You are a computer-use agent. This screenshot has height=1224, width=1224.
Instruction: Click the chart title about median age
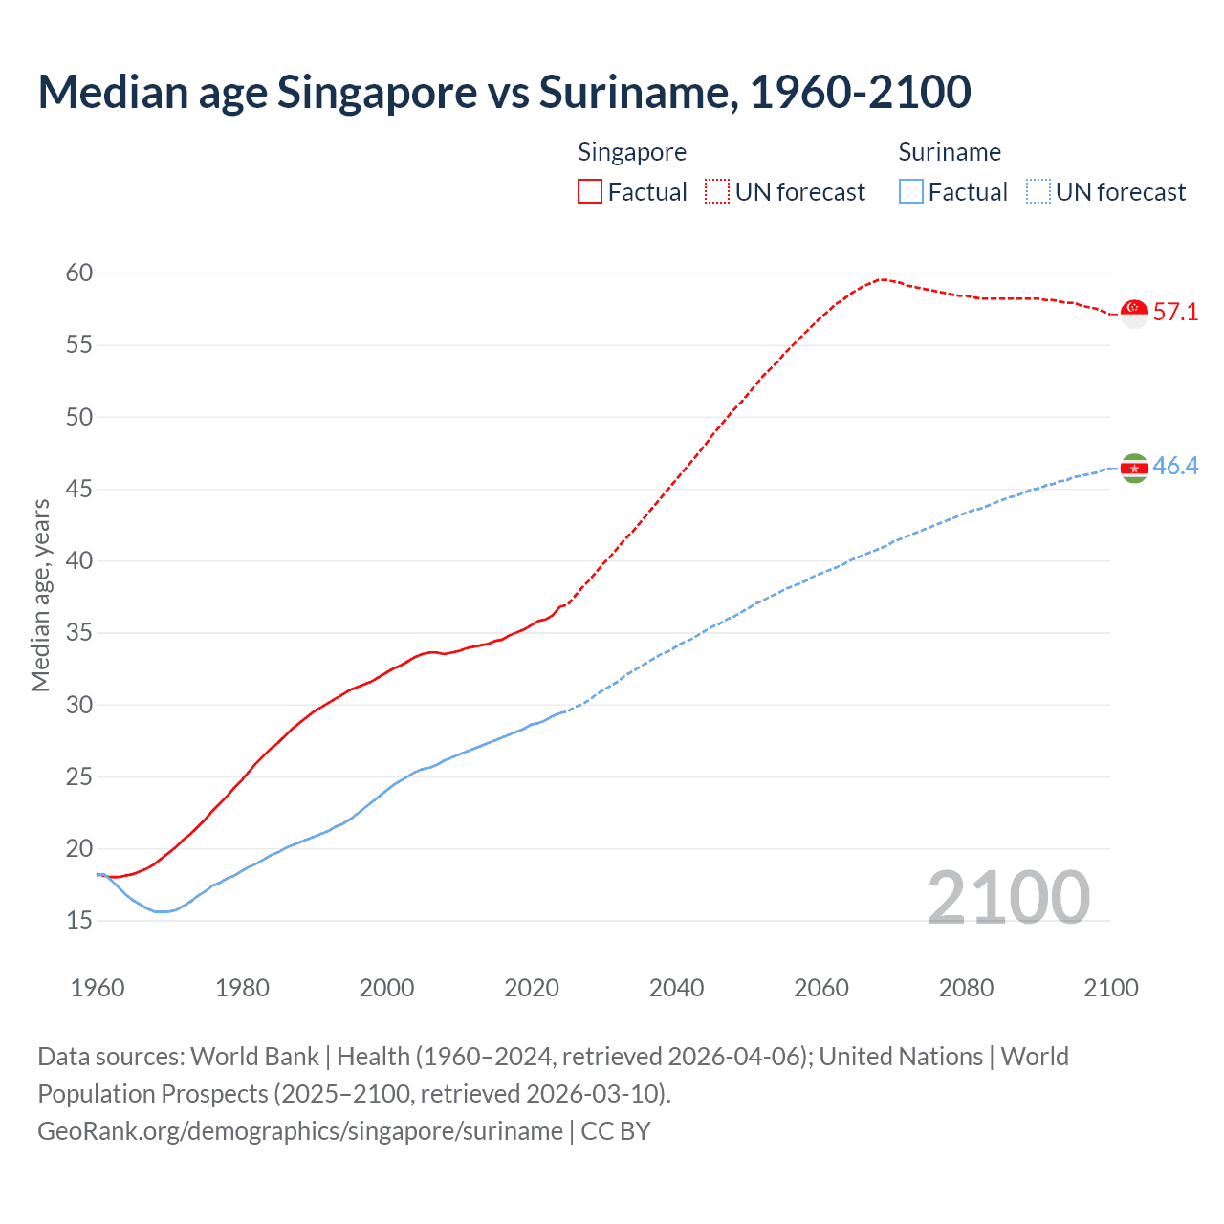point(504,92)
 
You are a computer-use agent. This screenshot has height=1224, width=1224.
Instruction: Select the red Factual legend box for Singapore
point(590,191)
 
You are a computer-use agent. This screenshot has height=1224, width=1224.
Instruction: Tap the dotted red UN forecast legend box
point(717,191)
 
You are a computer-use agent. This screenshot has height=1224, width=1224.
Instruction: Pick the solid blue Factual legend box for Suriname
point(911,191)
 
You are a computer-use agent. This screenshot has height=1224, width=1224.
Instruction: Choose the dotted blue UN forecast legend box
point(1038,191)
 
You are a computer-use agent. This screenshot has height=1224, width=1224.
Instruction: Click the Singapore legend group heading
point(632,152)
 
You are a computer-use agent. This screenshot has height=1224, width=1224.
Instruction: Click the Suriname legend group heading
point(950,152)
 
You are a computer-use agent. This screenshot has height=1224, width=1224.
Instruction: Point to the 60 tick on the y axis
point(79,273)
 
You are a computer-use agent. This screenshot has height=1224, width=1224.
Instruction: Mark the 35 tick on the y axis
point(79,633)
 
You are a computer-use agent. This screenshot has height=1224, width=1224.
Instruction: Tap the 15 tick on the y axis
point(79,921)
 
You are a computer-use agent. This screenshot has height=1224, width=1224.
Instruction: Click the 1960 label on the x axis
point(98,988)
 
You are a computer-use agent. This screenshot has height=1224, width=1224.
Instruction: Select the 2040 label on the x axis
point(676,988)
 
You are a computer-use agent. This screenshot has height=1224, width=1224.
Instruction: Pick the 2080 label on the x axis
point(966,988)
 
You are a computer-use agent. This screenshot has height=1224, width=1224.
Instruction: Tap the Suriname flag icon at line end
point(1134,468)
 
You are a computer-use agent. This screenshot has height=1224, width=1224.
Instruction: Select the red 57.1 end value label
point(1175,313)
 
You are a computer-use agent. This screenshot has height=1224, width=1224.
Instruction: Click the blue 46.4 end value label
point(1175,467)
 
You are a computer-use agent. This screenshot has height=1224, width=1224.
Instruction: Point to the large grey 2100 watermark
point(1008,897)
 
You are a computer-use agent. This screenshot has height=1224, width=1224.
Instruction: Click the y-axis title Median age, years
point(40,595)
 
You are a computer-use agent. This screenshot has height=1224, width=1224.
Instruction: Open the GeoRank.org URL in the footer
point(300,1131)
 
